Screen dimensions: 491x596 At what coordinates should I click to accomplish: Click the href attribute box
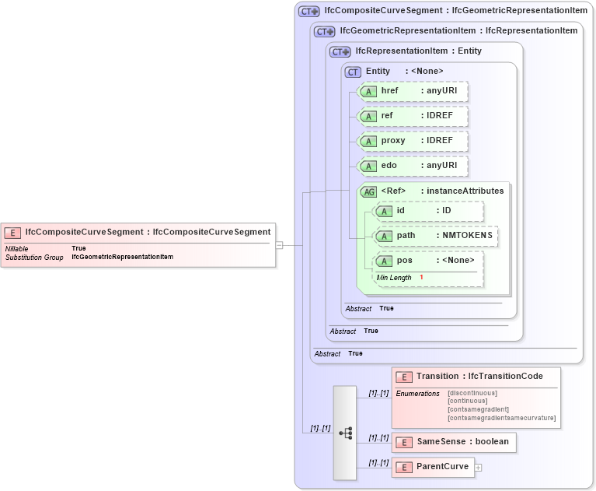413,91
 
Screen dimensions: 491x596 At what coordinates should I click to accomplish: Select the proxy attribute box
413,141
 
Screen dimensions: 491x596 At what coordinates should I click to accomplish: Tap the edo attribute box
413,166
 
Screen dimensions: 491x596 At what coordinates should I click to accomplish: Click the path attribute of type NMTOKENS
435,235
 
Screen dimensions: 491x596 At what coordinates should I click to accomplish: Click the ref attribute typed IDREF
413,116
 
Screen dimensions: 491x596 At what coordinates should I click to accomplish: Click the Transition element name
437,377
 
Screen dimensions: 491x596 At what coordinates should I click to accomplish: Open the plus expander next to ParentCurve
479,468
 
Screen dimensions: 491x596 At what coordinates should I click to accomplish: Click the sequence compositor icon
345,432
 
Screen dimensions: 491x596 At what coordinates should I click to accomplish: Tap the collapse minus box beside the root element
279,244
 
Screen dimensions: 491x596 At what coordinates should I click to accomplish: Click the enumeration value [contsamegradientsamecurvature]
501,418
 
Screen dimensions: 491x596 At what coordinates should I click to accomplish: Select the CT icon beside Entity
354,72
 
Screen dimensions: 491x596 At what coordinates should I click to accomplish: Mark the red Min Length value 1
421,278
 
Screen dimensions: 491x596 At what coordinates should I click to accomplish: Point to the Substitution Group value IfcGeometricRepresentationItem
122,257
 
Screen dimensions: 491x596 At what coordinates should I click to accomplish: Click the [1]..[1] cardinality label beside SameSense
378,437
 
